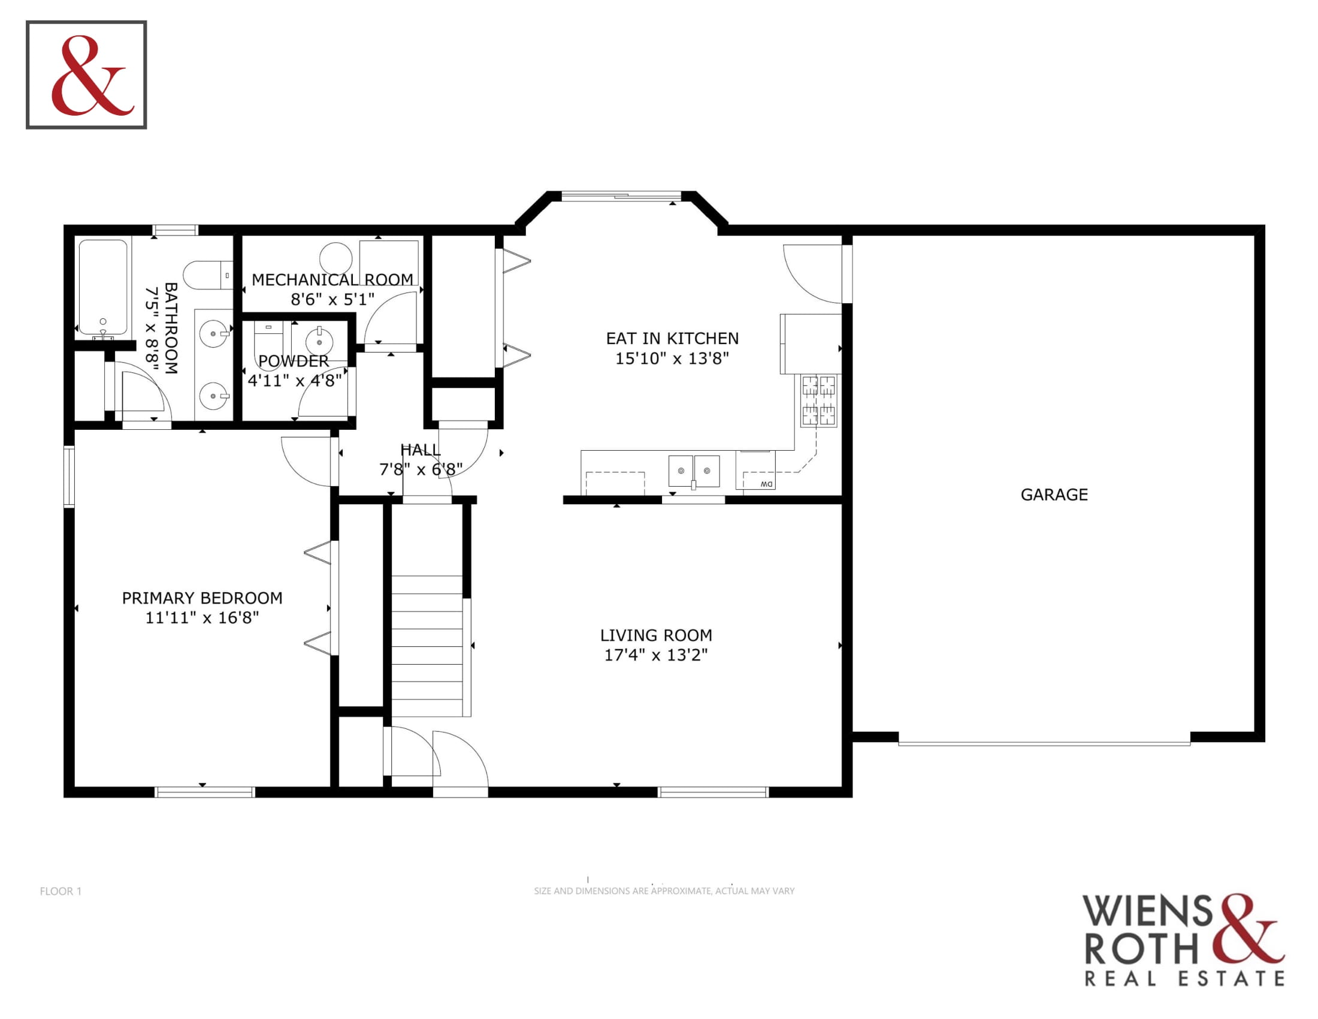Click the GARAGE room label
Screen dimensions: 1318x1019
click(x=1054, y=495)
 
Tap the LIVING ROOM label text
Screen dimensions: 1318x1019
click(x=656, y=635)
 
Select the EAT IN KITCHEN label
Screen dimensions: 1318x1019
click(x=672, y=338)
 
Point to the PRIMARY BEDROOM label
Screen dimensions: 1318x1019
click(x=202, y=598)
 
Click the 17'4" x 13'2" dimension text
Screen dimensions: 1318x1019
click(x=656, y=655)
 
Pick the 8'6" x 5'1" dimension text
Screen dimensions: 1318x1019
click(x=332, y=300)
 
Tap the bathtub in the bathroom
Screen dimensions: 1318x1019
click(x=103, y=287)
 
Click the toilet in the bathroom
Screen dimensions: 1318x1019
click(x=208, y=275)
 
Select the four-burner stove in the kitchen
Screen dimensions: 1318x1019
click(x=818, y=400)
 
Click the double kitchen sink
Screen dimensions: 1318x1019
click(x=693, y=471)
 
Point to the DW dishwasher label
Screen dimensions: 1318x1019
click(x=766, y=484)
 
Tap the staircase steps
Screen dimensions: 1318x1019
click(x=427, y=646)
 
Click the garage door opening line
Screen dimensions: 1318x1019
click(x=1044, y=743)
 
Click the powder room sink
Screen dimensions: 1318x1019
click(x=319, y=342)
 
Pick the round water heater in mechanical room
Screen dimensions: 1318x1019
click(x=335, y=259)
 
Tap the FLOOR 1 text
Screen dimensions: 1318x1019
click(x=61, y=891)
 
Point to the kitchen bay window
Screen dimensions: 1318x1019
click(x=622, y=195)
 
